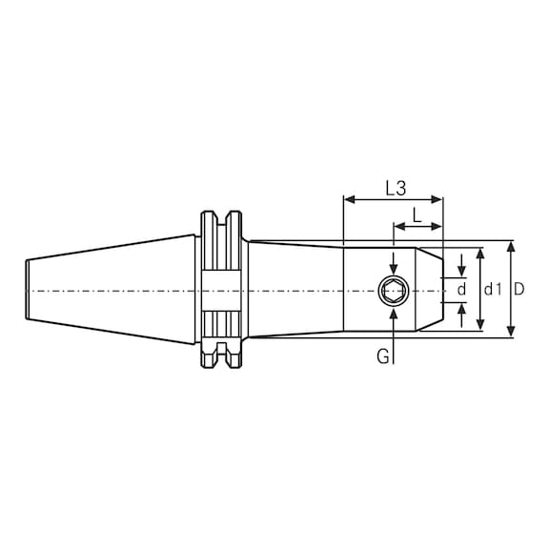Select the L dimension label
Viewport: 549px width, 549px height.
[x=417, y=215]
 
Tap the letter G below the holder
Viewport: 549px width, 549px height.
[x=381, y=357]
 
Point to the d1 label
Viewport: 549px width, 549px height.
[x=492, y=289]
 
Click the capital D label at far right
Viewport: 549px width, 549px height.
[x=520, y=289]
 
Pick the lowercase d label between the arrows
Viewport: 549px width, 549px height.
[x=462, y=289]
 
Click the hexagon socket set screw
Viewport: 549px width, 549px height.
[x=393, y=290]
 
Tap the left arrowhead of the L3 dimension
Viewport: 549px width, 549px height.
[x=349, y=200]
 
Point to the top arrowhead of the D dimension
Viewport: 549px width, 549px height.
[x=511, y=246]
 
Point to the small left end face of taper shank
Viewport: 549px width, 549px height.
[x=25, y=289]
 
